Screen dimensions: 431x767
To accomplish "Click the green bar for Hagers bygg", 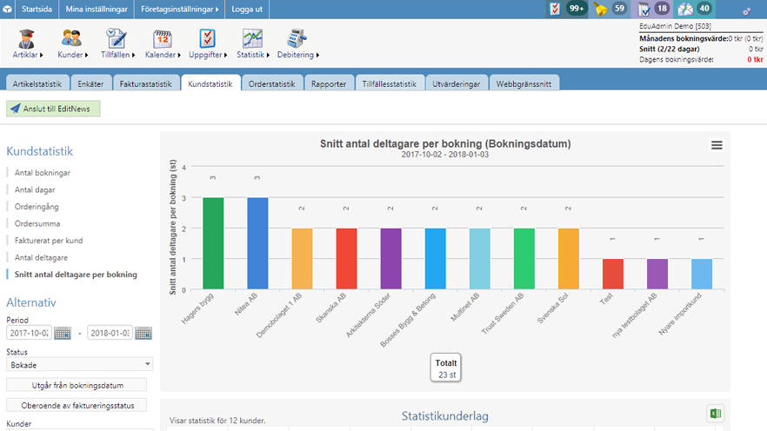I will pos(213,243).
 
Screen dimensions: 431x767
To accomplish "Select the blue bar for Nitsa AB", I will pos(257,243).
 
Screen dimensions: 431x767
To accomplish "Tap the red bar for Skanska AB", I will pos(346,258).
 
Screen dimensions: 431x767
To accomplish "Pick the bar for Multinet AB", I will pos(479,258).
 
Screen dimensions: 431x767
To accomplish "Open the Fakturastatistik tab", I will pos(146,83).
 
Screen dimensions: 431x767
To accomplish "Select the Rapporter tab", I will pos(329,83).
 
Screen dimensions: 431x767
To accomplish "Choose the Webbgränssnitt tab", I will pos(524,83).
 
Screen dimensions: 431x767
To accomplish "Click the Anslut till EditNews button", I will pos(54,109).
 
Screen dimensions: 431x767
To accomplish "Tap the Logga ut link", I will pos(247,9).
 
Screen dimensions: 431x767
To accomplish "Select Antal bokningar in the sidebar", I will pos(43,173).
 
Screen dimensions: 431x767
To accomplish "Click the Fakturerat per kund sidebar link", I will pos(49,241).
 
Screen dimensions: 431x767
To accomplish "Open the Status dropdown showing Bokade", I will pos(79,365).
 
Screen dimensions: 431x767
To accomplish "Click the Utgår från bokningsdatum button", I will pos(77,385).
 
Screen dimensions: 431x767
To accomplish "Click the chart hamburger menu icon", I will pos(717,145).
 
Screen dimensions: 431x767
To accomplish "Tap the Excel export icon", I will pos(715,414).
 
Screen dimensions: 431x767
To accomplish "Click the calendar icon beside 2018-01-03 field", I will pos(143,333).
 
